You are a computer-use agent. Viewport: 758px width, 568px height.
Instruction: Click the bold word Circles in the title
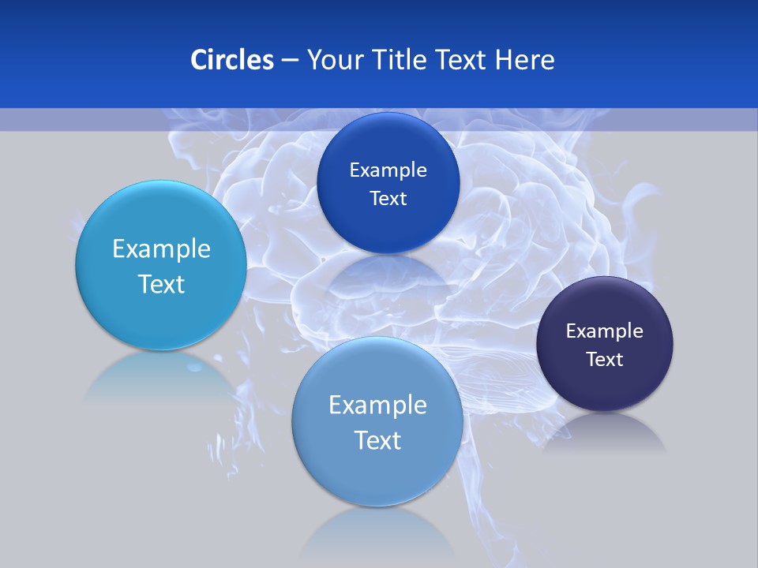click(231, 59)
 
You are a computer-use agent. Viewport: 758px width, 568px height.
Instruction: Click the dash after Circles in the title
click(290, 60)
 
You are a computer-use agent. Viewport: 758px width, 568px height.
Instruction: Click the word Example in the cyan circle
click(161, 248)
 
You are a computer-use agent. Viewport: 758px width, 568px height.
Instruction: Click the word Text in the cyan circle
click(161, 284)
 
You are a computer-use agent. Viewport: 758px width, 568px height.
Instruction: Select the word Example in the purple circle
click(604, 331)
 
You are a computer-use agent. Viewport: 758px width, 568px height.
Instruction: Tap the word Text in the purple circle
click(605, 359)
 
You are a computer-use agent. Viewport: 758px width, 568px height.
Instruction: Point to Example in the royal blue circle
click(388, 170)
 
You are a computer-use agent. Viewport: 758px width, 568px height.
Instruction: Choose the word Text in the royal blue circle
click(388, 198)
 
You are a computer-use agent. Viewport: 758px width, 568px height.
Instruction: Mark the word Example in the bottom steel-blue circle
click(377, 405)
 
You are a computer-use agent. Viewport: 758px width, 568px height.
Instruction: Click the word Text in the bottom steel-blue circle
click(377, 440)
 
